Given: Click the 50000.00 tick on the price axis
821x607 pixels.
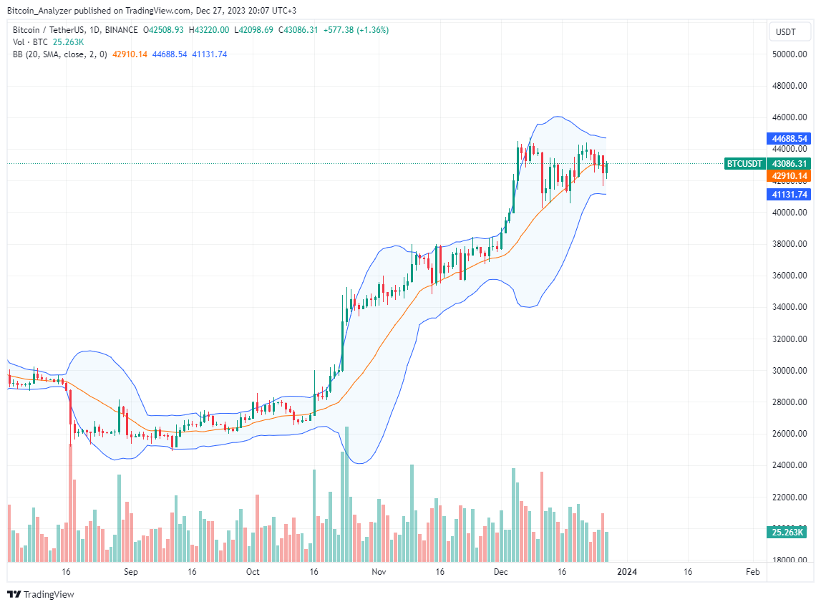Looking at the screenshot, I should tap(791, 54).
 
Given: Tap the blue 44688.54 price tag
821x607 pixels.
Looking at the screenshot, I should tap(790, 138).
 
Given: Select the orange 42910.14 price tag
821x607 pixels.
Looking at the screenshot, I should tap(790, 176).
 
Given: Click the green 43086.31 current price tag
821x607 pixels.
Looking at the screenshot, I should tap(790, 164).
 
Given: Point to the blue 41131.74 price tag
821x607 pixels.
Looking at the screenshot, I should tap(790, 195).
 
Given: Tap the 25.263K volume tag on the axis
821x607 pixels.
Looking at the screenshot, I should tap(787, 532).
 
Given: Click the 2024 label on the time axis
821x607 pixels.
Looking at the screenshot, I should tap(627, 572).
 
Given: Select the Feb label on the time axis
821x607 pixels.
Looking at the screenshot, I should tap(752, 572).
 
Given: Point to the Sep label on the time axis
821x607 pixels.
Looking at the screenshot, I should tap(130, 572).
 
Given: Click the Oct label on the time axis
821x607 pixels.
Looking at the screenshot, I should tap(252, 572).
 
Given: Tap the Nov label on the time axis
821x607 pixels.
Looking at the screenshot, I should tap(379, 572).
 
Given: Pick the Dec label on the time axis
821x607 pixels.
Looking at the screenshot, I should tap(501, 572).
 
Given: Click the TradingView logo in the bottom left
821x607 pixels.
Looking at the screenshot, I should tap(41, 594).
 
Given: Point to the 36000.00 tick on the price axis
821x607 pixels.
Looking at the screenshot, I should tap(791, 276).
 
